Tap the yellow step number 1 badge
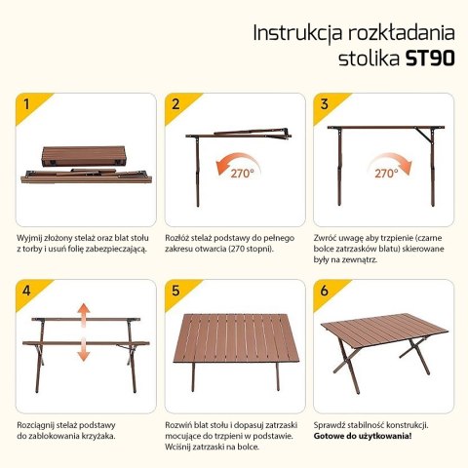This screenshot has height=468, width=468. (x=25, y=104)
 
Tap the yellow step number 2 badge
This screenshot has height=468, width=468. (x=176, y=104)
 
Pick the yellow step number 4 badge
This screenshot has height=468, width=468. (x=25, y=291)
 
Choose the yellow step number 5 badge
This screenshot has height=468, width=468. (x=176, y=291)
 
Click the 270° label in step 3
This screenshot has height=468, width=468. (x=385, y=174)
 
